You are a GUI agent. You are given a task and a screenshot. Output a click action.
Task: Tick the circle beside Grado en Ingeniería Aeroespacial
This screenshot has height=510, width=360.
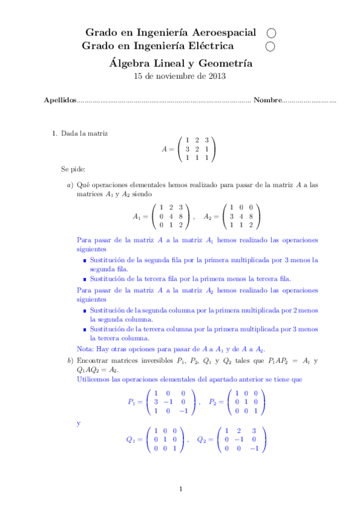tap(270, 32)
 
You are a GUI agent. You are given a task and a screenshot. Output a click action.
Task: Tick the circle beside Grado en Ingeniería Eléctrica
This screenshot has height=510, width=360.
tap(270, 46)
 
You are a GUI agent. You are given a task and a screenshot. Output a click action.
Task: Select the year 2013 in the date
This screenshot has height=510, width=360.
tap(217, 76)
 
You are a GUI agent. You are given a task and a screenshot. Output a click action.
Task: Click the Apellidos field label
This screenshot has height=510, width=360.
tap(60, 100)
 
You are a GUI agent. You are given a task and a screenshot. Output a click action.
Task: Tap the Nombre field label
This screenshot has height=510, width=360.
tap(267, 100)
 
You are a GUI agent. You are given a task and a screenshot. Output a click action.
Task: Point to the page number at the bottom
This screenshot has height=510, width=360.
tap(180, 488)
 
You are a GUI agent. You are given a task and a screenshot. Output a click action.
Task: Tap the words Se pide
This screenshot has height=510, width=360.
tap(73, 170)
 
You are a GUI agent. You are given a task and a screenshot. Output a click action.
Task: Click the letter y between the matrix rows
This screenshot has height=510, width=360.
tap(79, 423)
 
